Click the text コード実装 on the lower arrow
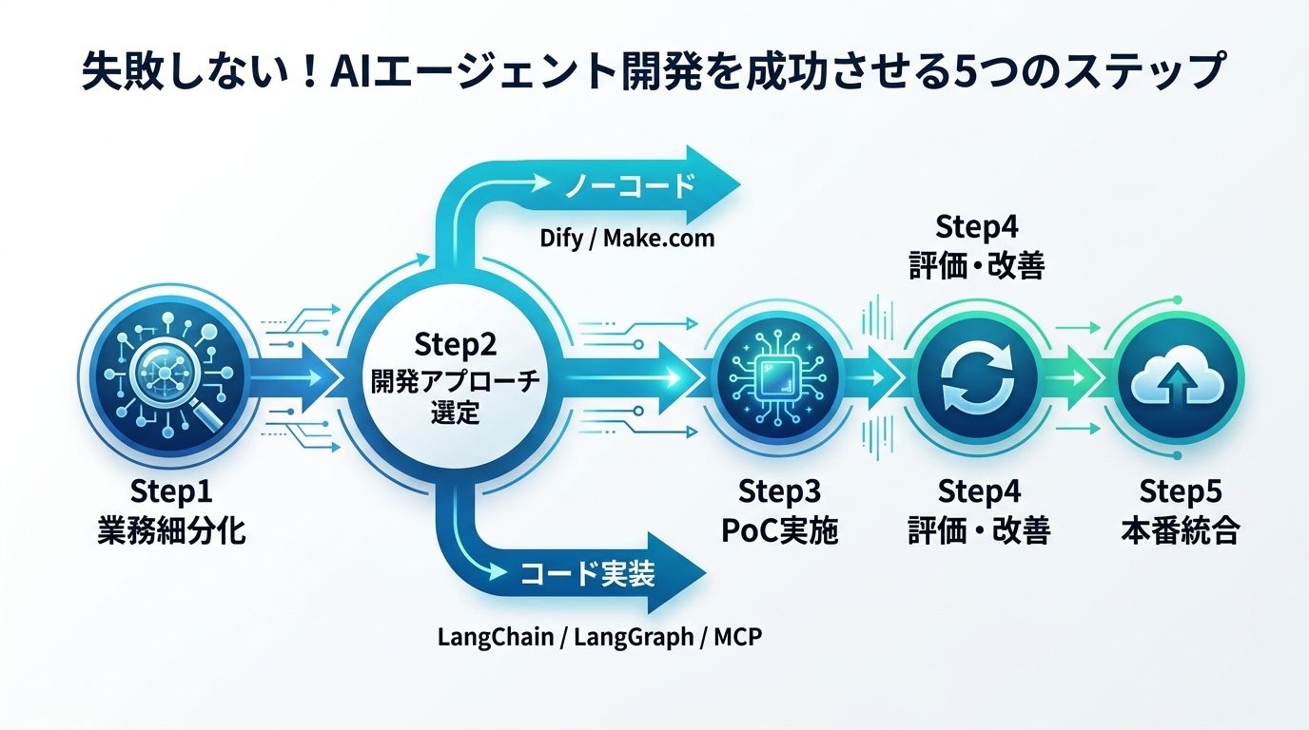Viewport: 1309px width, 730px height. pyautogui.click(x=588, y=572)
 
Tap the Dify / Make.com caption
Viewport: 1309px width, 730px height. pyautogui.click(x=627, y=238)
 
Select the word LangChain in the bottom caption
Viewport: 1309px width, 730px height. pyautogui.click(x=496, y=636)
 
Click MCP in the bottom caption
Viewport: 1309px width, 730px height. pyautogui.click(x=738, y=636)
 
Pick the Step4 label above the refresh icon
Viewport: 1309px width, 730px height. pyautogui.click(x=978, y=229)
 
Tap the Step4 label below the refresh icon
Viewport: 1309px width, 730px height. pyautogui.click(x=979, y=493)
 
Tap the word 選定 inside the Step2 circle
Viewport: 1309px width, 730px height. pyautogui.click(x=455, y=414)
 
